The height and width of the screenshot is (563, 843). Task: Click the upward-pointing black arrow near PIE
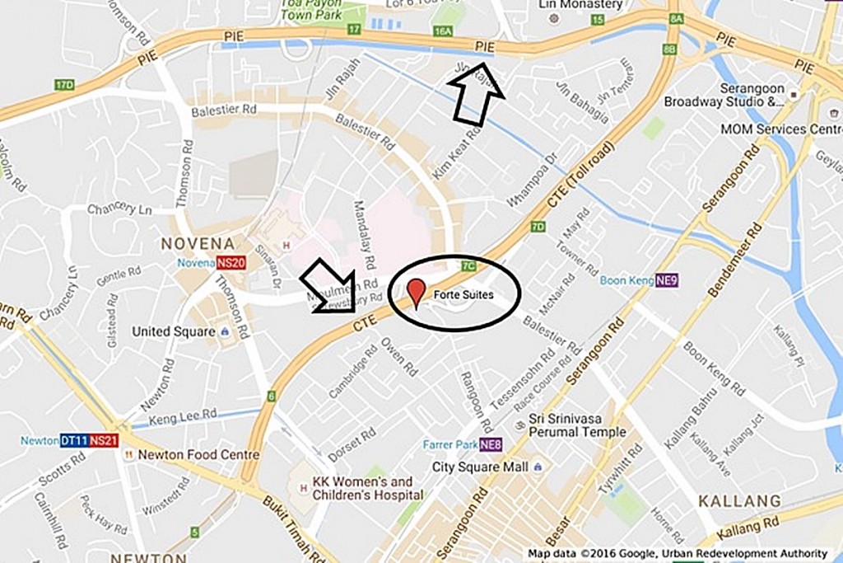(477, 95)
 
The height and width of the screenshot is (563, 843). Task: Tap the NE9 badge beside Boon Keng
(667, 280)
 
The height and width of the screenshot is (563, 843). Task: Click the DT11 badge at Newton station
(75, 440)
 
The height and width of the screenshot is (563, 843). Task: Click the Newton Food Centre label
(198, 455)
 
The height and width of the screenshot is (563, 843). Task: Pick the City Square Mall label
(480, 467)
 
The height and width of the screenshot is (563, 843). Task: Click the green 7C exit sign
(469, 266)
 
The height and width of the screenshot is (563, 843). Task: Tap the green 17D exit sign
(64, 85)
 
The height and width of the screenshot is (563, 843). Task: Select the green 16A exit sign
(443, 31)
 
